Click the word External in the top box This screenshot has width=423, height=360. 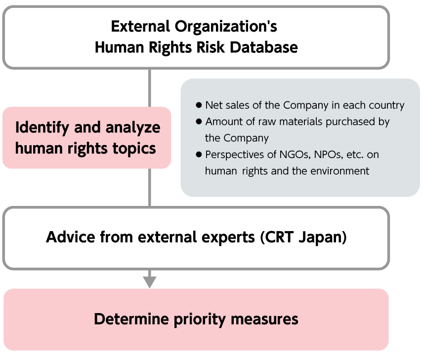click(x=140, y=27)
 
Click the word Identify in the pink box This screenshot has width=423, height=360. click(x=42, y=128)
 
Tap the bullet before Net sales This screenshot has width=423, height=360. click(x=199, y=105)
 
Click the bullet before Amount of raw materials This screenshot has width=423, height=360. click(x=199, y=121)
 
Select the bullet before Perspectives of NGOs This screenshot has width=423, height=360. click(x=199, y=155)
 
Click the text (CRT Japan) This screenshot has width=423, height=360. click(x=303, y=238)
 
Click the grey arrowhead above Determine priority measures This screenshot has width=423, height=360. click(x=150, y=282)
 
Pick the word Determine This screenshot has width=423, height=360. click(x=131, y=319)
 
